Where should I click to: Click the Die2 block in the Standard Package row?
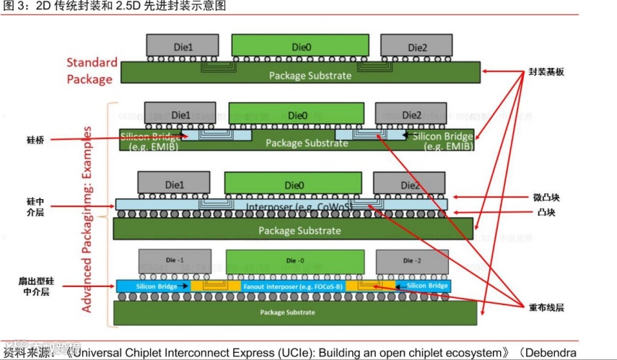[x=416, y=47]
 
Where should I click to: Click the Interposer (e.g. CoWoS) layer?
[x=281, y=204]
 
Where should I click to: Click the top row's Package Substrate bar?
[x=300, y=72]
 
